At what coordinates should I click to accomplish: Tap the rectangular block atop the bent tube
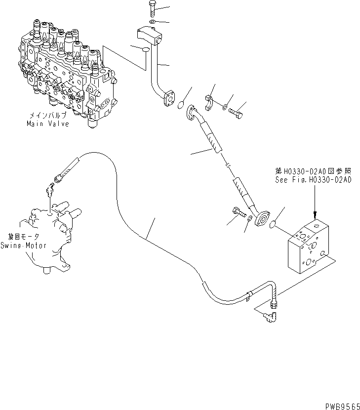[x=149, y=36]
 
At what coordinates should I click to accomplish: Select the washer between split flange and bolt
[x=225, y=105]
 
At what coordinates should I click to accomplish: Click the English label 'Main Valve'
[x=47, y=124]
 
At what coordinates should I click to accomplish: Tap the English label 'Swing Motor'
[x=23, y=246]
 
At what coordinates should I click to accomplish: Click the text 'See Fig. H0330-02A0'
[x=313, y=180]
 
